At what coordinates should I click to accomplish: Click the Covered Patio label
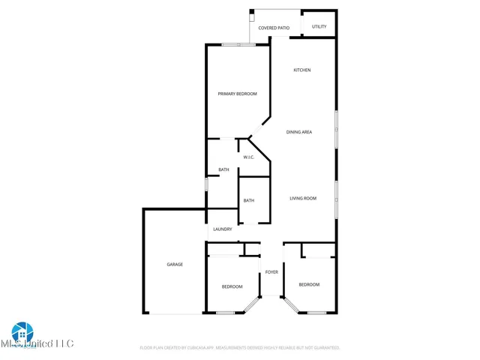coord(274,28)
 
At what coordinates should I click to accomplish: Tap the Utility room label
coord(319,27)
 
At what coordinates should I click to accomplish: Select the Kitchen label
coord(301,70)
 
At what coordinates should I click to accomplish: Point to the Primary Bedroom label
coord(237,94)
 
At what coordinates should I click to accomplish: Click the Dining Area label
coord(299,132)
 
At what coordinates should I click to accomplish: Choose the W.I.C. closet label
coord(249,157)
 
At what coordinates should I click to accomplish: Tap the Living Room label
coord(304,199)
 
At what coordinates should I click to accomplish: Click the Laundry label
coord(222,229)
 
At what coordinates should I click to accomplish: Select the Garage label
coord(175,265)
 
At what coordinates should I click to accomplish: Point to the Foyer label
coord(271,271)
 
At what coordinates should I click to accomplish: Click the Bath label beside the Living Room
coord(248,200)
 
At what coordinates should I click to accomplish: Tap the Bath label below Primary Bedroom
coord(223,169)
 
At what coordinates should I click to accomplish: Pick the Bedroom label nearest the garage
coord(232,286)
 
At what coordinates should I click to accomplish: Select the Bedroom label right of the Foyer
coord(309,284)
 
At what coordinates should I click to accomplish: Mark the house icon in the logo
coord(22,331)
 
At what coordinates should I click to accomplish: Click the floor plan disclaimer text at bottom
coord(240,348)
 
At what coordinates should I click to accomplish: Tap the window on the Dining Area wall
coord(335,129)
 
